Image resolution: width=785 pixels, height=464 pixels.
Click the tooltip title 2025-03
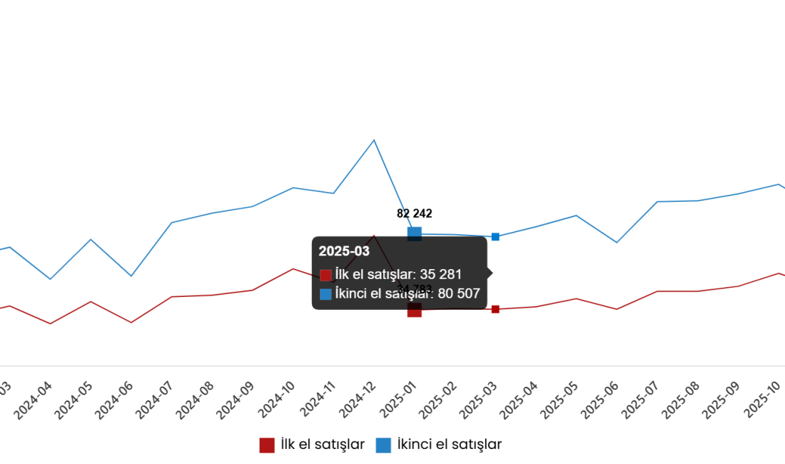pyautogui.click(x=344, y=251)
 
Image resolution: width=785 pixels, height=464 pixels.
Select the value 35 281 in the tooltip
pyautogui.click(x=441, y=274)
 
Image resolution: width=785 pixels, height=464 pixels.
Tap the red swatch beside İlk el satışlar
pyautogui.click(x=325, y=275)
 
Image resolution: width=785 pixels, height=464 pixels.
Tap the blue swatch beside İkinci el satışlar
pyautogui.click(x=325, y=294)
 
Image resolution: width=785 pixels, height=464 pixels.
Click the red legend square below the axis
pyautogui.click(x=267, y=445)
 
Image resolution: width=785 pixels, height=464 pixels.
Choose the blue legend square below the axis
pyautogui.click(x=383, y=445)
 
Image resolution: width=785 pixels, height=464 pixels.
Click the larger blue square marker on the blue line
pyautogui.click(x=415, y=231)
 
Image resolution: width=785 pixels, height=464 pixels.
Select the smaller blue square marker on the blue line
pyautogui.click(x=495, y=236)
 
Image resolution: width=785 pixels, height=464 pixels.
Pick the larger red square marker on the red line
pyautogui.click(x=415, y=311)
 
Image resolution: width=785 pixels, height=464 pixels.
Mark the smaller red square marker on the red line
pyautogui.click(x=495, y=309)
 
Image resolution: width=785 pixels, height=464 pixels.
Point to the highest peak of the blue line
pyautogui.click(x=373, y=140)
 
